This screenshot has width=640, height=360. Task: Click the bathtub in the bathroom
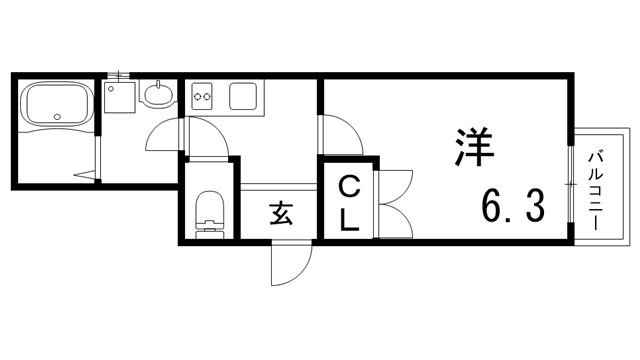(x=57, y=104)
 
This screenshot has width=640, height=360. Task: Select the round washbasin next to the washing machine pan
(x=158, y=97)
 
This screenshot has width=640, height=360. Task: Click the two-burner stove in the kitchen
(x=204, y=97)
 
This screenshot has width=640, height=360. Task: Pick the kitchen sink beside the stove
(x=244, y=97)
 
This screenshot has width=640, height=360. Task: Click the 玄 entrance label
(x=281, y=214)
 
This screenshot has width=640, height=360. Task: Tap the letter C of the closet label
(x=348, y=186)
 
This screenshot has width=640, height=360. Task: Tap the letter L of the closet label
(x=348, y=220)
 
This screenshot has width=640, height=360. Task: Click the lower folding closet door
(x=394, y=219)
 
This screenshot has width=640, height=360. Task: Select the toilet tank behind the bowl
(x=209, y=229)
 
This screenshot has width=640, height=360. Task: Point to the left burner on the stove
(x=198, y=97)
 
